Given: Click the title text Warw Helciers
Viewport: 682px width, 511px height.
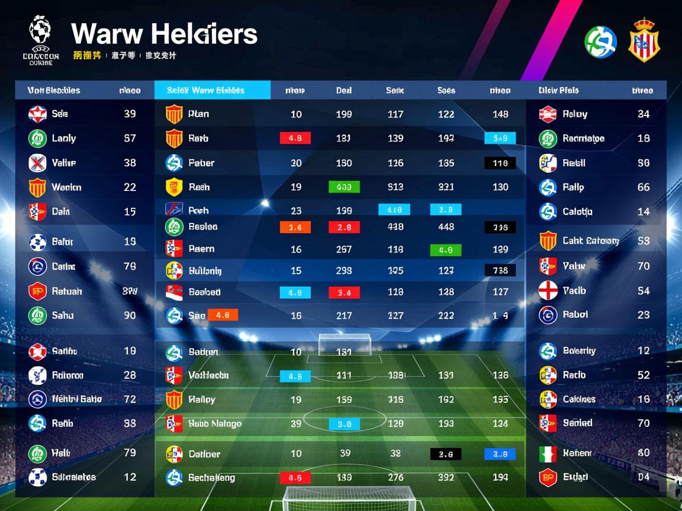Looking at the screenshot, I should [164, 34].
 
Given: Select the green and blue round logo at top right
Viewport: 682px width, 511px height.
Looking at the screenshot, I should [600, 42].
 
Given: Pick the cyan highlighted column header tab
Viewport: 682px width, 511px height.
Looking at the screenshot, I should [212, 90].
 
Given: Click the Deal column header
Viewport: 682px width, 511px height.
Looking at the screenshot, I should [344, 90].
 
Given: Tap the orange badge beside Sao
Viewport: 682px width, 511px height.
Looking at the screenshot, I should [223, 315].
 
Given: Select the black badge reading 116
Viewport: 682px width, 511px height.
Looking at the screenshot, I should [500, 163].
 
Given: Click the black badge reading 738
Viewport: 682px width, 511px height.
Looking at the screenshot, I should [500, 271].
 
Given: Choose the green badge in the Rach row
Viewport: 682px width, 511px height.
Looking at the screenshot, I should [344, 187].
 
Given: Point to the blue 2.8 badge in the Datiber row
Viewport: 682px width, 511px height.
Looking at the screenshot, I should [500, 454].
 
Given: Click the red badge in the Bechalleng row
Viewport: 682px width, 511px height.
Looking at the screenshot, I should [295, 478].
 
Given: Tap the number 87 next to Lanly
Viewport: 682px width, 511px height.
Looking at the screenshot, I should [130, 138].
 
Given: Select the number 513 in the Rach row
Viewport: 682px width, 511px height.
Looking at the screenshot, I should [395, 187].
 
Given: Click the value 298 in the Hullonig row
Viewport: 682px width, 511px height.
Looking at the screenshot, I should [344, 271].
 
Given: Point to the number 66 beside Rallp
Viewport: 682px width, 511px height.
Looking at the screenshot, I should [644, 187].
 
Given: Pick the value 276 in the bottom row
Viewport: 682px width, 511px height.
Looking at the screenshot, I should [395, 478].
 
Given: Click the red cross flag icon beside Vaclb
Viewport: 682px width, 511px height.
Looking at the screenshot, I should [548, 290].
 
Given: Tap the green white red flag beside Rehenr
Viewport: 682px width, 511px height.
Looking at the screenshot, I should [548, 454].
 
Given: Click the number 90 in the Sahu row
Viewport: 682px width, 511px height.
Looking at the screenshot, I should [130, 316].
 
